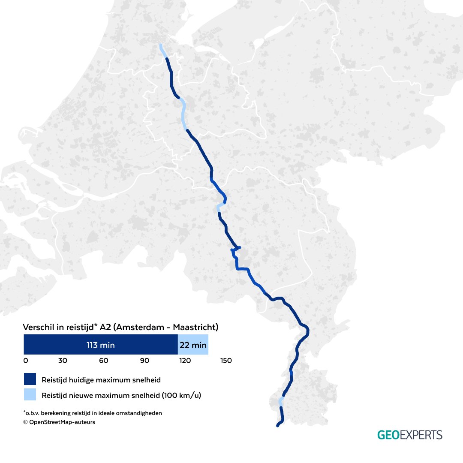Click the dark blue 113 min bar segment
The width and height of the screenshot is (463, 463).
[x=100, y=345]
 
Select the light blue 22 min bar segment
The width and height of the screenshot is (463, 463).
[x=193, y=345]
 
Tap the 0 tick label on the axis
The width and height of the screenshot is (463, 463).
[x=26, y=361]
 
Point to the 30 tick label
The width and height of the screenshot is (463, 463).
[x=63, y=361]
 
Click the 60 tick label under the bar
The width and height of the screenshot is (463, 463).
[x=103, y=361]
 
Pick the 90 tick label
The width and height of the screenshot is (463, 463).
[x=144, y=361]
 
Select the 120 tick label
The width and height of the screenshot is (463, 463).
[x=185, y=361]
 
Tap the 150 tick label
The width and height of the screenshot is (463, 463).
[x=226, y=361]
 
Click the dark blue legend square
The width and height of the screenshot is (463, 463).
[x=30, y=379]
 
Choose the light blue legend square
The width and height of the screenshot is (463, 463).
[x=30, y=395]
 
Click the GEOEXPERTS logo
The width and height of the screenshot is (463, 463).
[x=409, y=435]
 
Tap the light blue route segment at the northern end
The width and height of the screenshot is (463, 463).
[x=162, y=51]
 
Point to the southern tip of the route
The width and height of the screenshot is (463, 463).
[x=278, y=425]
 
